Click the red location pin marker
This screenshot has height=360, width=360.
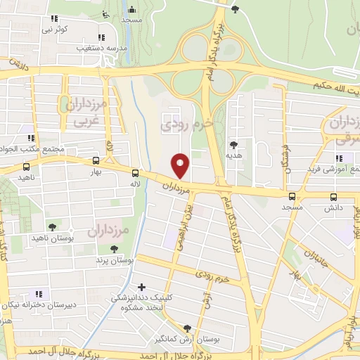(181, 165)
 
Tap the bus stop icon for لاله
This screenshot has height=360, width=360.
(135, 174)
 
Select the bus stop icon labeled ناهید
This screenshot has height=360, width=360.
(27, 167)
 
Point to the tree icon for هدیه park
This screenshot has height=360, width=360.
(233, 144)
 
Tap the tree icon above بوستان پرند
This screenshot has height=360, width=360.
(114, 249)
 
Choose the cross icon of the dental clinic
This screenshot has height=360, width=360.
(143, 287)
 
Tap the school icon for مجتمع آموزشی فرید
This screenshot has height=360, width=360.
(340, 158)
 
